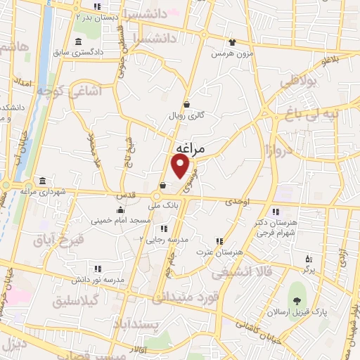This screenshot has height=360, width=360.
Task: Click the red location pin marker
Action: tap(181, 167)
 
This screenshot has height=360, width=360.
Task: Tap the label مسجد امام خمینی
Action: tap(121, 221)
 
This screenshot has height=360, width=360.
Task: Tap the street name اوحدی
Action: tap(238, 202)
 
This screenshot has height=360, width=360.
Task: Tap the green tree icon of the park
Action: tap(298, 292)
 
